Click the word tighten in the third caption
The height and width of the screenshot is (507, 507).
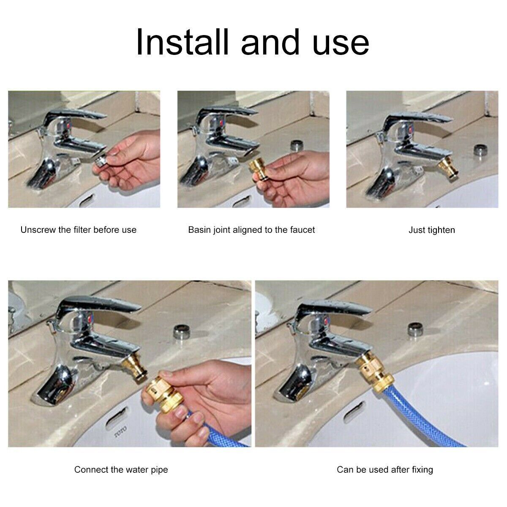(440, 230)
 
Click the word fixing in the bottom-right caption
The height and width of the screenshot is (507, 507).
(421, 469)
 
